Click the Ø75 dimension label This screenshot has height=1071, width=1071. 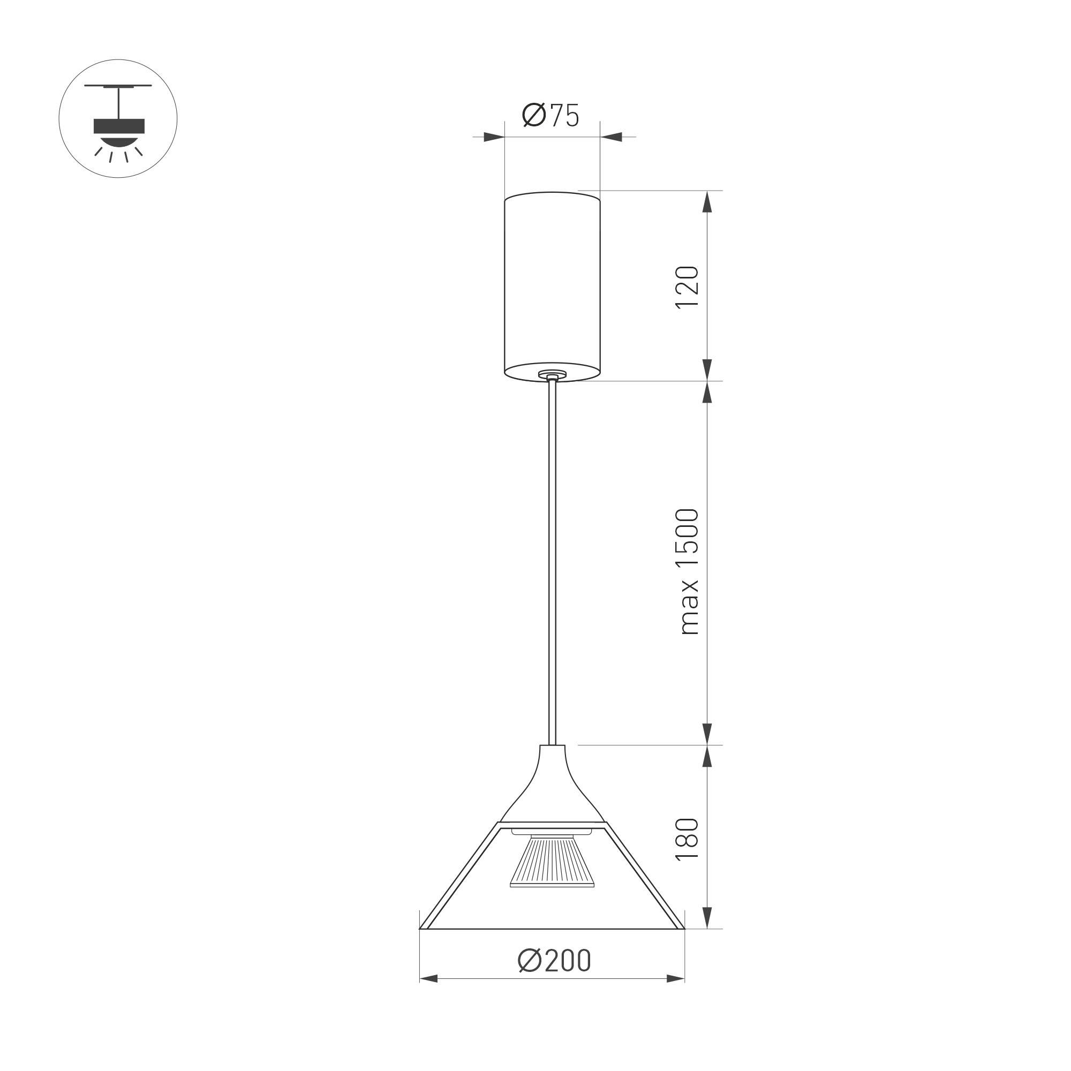550,115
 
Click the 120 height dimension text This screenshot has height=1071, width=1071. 688,286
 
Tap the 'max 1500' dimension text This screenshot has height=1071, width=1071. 688,571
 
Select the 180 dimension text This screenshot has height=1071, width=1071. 688,839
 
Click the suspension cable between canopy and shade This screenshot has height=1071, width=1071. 552,560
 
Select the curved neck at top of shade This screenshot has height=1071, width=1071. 552,787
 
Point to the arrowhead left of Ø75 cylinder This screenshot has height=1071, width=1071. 493,137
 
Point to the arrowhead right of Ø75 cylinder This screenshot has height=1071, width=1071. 612,137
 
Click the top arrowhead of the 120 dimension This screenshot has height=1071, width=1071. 707,202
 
